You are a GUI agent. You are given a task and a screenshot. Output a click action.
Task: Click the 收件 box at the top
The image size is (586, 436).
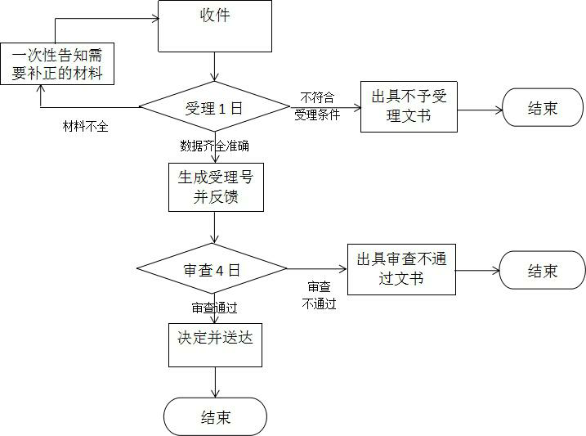(x=214, y=25)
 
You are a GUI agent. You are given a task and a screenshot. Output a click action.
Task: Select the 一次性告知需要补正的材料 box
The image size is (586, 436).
(x=56, y=63)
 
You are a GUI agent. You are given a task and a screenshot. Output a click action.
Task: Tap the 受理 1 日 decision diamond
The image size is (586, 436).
(x=214, y=107)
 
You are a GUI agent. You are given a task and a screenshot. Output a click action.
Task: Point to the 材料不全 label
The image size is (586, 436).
(x=86, y=126)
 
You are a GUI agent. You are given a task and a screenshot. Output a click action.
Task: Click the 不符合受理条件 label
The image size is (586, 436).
(x=317, y=106)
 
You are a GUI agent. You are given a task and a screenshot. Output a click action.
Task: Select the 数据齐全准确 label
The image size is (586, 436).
(x=214, y=146)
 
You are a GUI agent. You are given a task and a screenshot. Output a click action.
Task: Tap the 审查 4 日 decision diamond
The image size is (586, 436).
(x=212, y=269)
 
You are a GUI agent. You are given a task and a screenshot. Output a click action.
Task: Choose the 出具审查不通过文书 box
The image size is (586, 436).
(x=401, y=269)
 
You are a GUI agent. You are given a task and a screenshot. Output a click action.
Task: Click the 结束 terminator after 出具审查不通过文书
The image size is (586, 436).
(x=542, y=271)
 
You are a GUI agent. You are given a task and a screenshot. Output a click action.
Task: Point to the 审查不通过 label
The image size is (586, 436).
(x=319, y=295)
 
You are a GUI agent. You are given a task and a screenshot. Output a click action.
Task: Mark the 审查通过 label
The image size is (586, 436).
(x=214, y=308)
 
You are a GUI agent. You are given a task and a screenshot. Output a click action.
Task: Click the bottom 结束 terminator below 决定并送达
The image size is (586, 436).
(x=215, y=417)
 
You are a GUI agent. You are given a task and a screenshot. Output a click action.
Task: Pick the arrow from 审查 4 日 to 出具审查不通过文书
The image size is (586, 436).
(x=317, y=269)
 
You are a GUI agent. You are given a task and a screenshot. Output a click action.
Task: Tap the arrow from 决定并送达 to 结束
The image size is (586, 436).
(x=215, y=382)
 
